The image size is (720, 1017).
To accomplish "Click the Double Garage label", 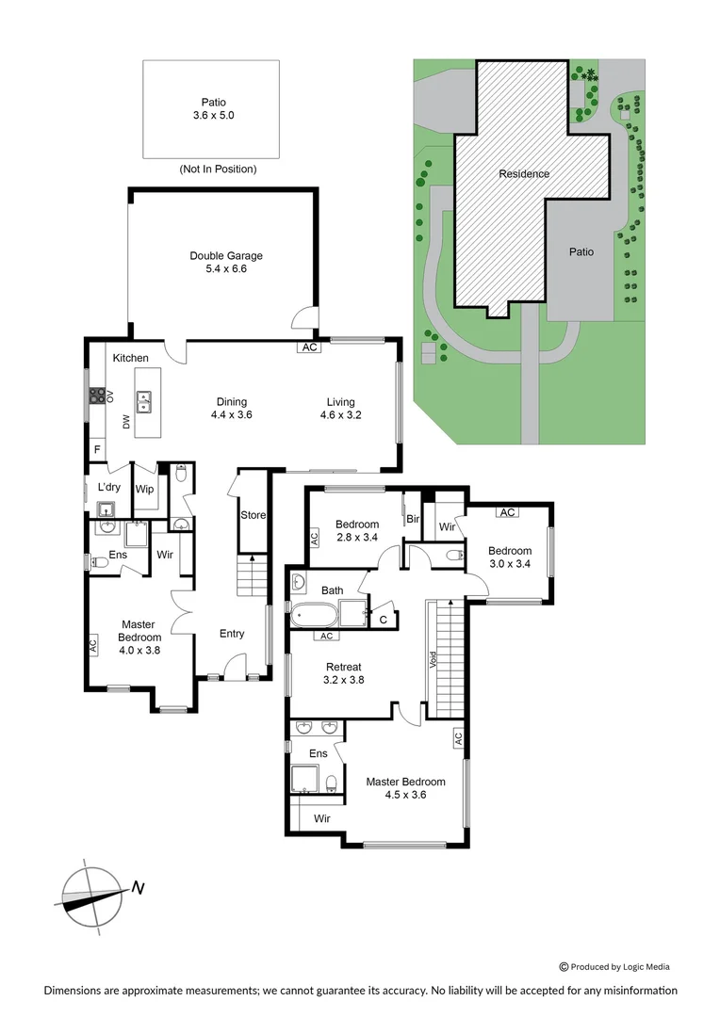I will pos(226,262).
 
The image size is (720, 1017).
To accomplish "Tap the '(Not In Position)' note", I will pos(218,169).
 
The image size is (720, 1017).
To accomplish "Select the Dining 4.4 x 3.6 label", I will pos(231,407).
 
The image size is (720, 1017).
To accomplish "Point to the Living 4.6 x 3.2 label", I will pos(341,407).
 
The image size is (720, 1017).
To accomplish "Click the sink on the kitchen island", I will pos(144,403).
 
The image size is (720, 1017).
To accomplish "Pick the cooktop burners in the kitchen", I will pos(96,396).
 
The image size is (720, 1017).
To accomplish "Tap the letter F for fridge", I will pos(96,449).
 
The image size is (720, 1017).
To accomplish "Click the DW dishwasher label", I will pos(125,424).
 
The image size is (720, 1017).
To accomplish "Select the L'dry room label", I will pos(108,487).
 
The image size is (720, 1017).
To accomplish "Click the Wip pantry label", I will pos(144,489).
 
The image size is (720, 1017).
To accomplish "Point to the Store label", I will pos(253,515).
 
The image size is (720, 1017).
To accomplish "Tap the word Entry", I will pos(232,634).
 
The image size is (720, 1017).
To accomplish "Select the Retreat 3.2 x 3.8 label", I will pos(343,672).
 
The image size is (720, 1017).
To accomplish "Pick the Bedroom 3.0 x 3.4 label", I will pos(509,557).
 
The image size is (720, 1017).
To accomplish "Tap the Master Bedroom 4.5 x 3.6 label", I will pos(405,788).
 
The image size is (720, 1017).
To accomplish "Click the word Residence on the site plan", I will pos(524,173).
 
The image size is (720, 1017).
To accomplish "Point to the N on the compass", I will pos(139,887).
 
